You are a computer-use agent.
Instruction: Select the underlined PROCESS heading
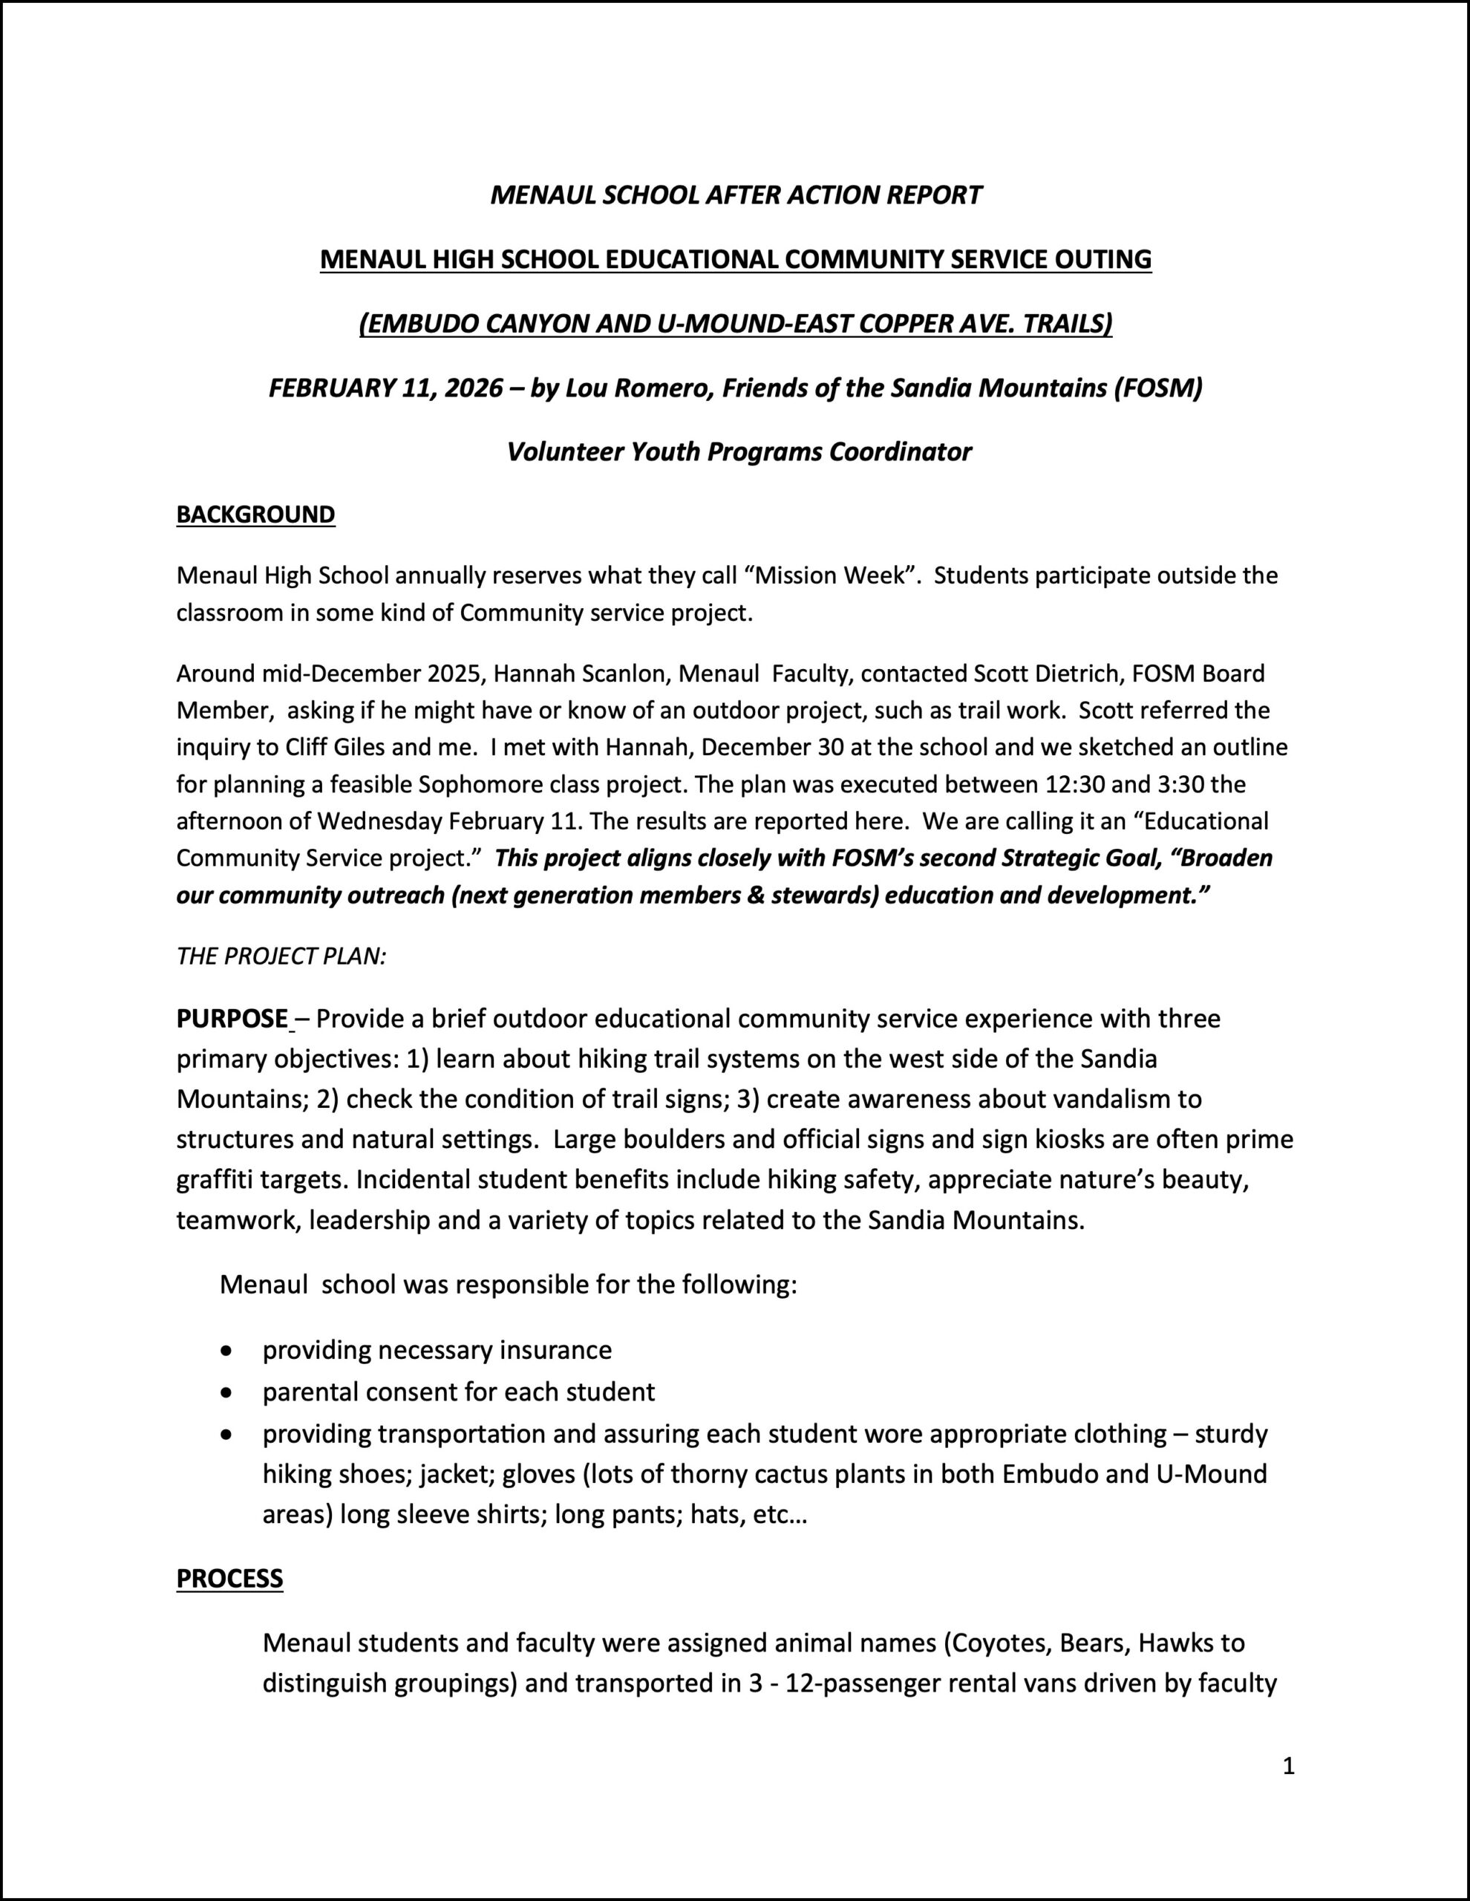[229, 1578]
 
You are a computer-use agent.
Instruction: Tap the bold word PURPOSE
[232, 1018]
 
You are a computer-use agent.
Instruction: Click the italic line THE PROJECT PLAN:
[281, 956]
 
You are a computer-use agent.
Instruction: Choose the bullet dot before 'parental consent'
[227, 1392]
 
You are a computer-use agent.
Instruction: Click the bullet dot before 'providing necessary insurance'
[227, 1351]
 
